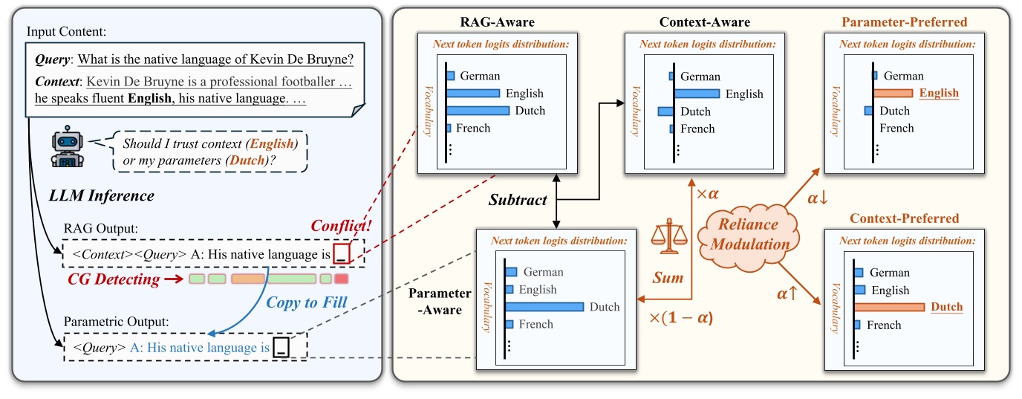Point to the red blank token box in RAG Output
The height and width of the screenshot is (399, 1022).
coord(340,253)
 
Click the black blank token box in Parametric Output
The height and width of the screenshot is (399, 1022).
coord(281,347)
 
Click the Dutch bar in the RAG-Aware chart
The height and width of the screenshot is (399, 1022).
coord(478,111)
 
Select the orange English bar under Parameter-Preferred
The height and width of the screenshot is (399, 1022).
coord(893,94)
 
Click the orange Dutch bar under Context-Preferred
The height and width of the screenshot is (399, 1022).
coord(890,307)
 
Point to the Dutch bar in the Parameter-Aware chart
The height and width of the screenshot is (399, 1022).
coord(545,307)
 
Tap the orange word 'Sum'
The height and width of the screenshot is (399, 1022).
coord(668,277)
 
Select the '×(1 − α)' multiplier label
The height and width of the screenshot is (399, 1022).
coord(681,318)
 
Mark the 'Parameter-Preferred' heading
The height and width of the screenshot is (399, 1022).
coord(904,22)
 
